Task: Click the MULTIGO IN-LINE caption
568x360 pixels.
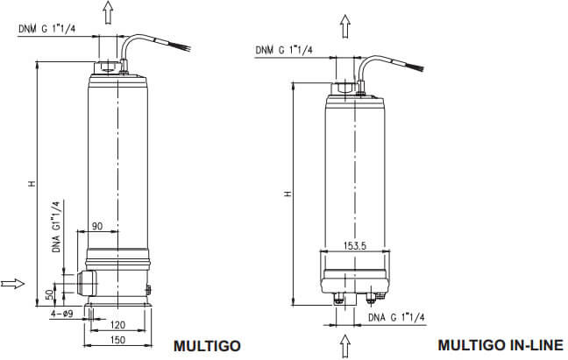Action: click(x=501, y=344)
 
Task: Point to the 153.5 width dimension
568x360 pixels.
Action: click(x=354, y=244)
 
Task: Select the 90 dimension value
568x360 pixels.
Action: click(x=97, y=226)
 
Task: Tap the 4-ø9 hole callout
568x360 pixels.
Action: click(x=61, y=313)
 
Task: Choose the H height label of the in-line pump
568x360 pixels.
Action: click(x=286, y=194)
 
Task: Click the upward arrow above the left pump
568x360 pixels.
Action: click(x=108, y=12)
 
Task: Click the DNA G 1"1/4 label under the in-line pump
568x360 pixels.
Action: click(x=397, y=316)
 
